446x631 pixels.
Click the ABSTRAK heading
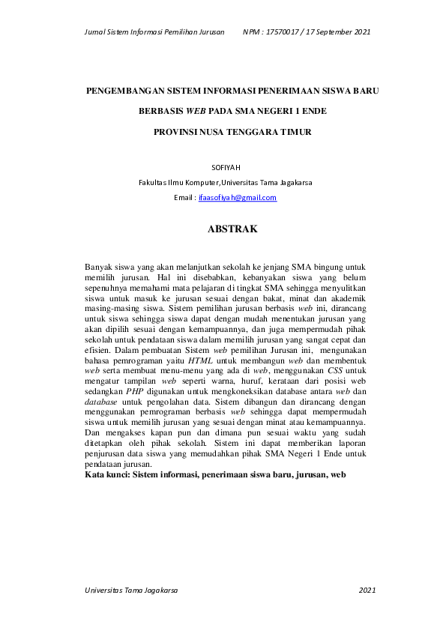(232, 230)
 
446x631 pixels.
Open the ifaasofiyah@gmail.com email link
(238, 198)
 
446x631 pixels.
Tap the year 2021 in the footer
(367, 591)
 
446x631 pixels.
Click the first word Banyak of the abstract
(99, 266)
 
